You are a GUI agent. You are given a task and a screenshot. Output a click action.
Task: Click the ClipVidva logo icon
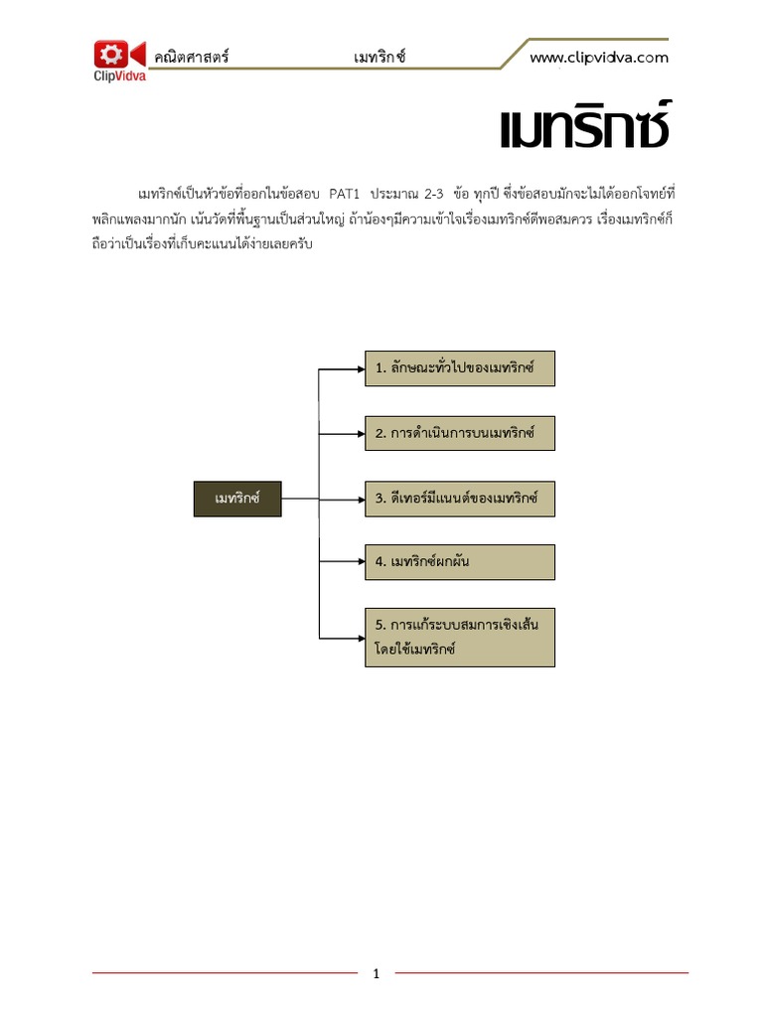click(118, 55)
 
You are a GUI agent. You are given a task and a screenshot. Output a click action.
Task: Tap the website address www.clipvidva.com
click(598, 58)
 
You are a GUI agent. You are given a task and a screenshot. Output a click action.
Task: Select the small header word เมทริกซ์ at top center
click(380, 58)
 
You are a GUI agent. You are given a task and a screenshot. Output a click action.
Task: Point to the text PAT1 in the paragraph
click(337, 191)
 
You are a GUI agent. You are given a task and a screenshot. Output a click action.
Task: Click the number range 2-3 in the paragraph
click(431, 191)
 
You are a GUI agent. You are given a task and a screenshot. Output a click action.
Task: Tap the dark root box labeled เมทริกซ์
click(236, 498)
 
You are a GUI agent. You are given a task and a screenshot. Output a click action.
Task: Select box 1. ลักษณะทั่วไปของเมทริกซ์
click(459, 368)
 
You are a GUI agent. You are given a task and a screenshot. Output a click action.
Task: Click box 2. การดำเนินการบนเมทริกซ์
click(459, 433)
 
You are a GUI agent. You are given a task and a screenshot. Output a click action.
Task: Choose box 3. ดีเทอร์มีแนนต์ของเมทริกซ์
click(459, 498)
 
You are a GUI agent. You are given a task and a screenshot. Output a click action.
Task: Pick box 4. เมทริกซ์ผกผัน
click(459, 562)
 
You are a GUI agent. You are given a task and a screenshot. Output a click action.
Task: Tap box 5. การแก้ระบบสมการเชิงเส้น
click(459, 637)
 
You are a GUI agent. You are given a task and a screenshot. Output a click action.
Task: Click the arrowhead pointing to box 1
click(360, 368)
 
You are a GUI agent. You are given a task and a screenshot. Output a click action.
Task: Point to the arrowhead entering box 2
click(360, 433)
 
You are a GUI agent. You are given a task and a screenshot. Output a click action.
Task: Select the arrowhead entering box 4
click(360, 562)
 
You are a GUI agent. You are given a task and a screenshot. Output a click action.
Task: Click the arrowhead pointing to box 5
click(360, 637)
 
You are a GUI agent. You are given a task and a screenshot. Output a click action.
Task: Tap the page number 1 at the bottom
click(377, 974)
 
